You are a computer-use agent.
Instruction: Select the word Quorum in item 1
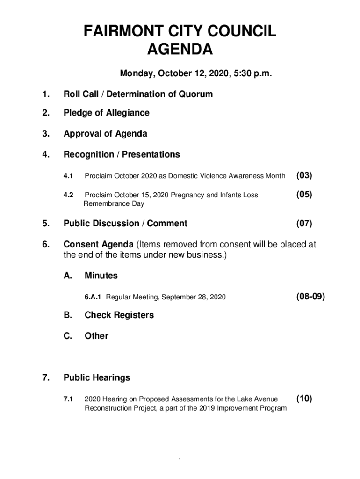[x=195, y=94]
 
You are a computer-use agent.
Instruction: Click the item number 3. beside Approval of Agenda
[x=45, y=134]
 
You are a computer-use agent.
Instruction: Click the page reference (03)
[x=304, y=176]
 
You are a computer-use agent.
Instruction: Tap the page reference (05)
[x=304, y=195]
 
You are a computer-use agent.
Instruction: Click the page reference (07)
[x=304, y=224]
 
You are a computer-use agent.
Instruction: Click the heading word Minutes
[x=101, y=276]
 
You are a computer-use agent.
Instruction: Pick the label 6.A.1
[x=94, y=297]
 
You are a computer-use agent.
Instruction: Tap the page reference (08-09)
[x=310, y=297]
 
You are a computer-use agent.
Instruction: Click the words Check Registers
[x=119, y=315]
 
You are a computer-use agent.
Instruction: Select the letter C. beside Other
[x=68, y=336]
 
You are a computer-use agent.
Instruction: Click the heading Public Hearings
[x=97, y=377]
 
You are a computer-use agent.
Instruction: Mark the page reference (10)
[x=304, y=399]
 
